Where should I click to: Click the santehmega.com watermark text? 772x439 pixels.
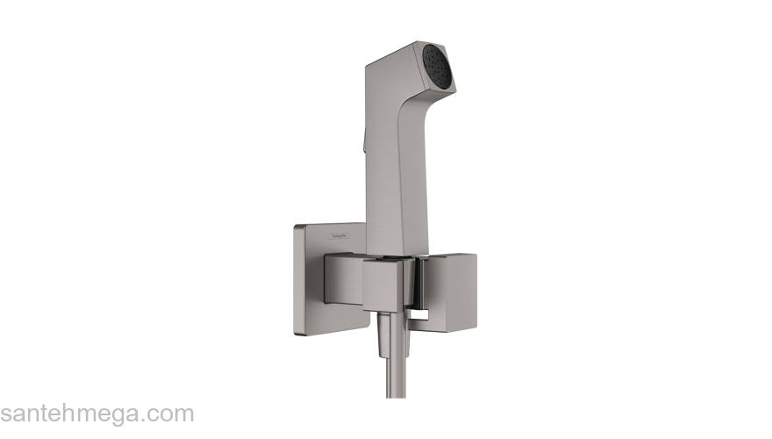tap(96, 414)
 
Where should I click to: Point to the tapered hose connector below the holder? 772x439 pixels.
tap(385, 337)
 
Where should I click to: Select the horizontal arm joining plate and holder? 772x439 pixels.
tap(343, 277)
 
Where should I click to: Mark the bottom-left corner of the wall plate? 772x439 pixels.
tap(297, 331)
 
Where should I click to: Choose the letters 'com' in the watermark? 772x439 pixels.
tap(171, 414)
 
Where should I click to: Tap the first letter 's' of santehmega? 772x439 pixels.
tap(6, 415)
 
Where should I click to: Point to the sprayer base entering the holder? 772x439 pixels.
tap(386, 251)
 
